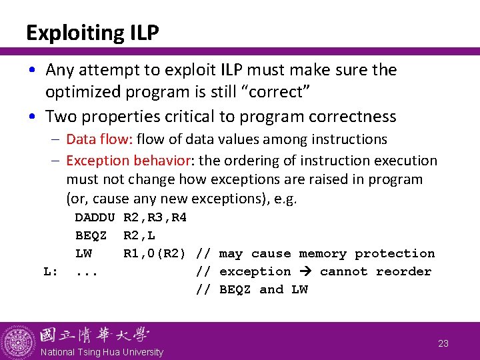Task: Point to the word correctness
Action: tap(349, 117)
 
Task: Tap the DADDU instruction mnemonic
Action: tap(95, 217)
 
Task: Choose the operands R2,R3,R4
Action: tap(155, 217)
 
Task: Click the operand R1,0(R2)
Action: tap(159, 253)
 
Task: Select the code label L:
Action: tap(51, 271)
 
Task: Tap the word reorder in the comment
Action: tap(403, 271)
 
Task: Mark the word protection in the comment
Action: tap(395, 253)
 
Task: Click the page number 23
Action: tap(443, 344)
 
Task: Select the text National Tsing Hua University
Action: tap(102, 351)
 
